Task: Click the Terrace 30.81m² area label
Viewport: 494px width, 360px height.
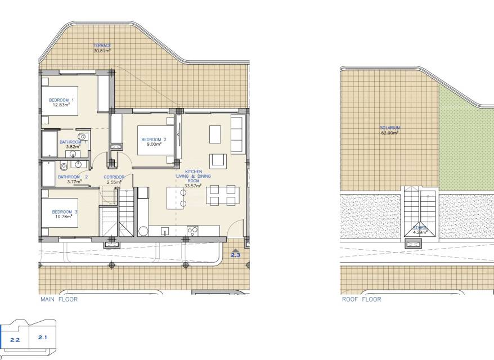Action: tap(102, 48)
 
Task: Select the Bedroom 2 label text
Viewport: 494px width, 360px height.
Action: tap(154, 139)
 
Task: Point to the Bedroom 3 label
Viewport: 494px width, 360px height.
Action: tap(64, 212)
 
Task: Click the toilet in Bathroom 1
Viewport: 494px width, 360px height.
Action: tap(82, 137)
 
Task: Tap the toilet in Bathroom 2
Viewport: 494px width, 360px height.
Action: tap(64, 166)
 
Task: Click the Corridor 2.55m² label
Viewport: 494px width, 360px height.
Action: tap(114, 179)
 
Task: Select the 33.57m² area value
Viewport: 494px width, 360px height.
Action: tap(193, 186)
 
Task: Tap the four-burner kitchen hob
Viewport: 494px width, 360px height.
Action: tap(192, 231)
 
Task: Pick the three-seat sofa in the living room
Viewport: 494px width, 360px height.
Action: tap(237, 134)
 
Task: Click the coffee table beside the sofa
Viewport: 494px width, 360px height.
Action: tap(215, 134)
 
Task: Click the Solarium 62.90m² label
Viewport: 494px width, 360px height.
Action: tap(390, 130)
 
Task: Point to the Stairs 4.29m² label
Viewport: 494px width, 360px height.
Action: tap(420, 230)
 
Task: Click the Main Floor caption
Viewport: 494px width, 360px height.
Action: tap(59, 299)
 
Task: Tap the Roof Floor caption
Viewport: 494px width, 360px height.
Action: tap(362, 299)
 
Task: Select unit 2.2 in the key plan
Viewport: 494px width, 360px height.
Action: tap(15, 340)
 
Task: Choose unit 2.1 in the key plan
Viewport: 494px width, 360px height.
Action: tap(43, 337)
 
